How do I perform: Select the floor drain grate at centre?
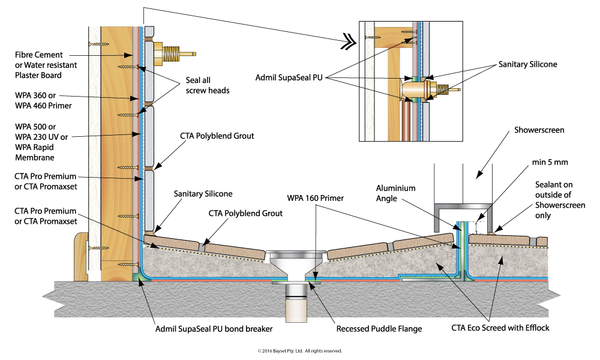point(297,255)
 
